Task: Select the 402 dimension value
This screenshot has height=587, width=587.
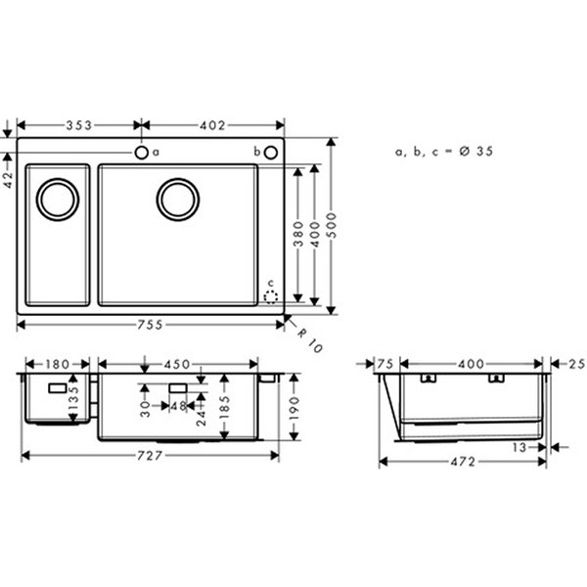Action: point(212,125)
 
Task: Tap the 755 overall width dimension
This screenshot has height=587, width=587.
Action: point(152,326)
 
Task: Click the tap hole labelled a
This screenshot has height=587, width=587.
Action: point(142,153)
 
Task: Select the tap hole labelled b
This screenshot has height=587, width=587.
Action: point(270,153)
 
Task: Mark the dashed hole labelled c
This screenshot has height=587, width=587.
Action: point(271,295)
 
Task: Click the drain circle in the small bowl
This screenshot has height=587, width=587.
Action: point(58,199)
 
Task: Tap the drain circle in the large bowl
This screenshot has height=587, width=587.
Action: point(178,199)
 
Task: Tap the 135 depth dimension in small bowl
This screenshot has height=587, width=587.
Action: point(71,400)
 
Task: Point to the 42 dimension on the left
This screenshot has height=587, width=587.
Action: point(9,173)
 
